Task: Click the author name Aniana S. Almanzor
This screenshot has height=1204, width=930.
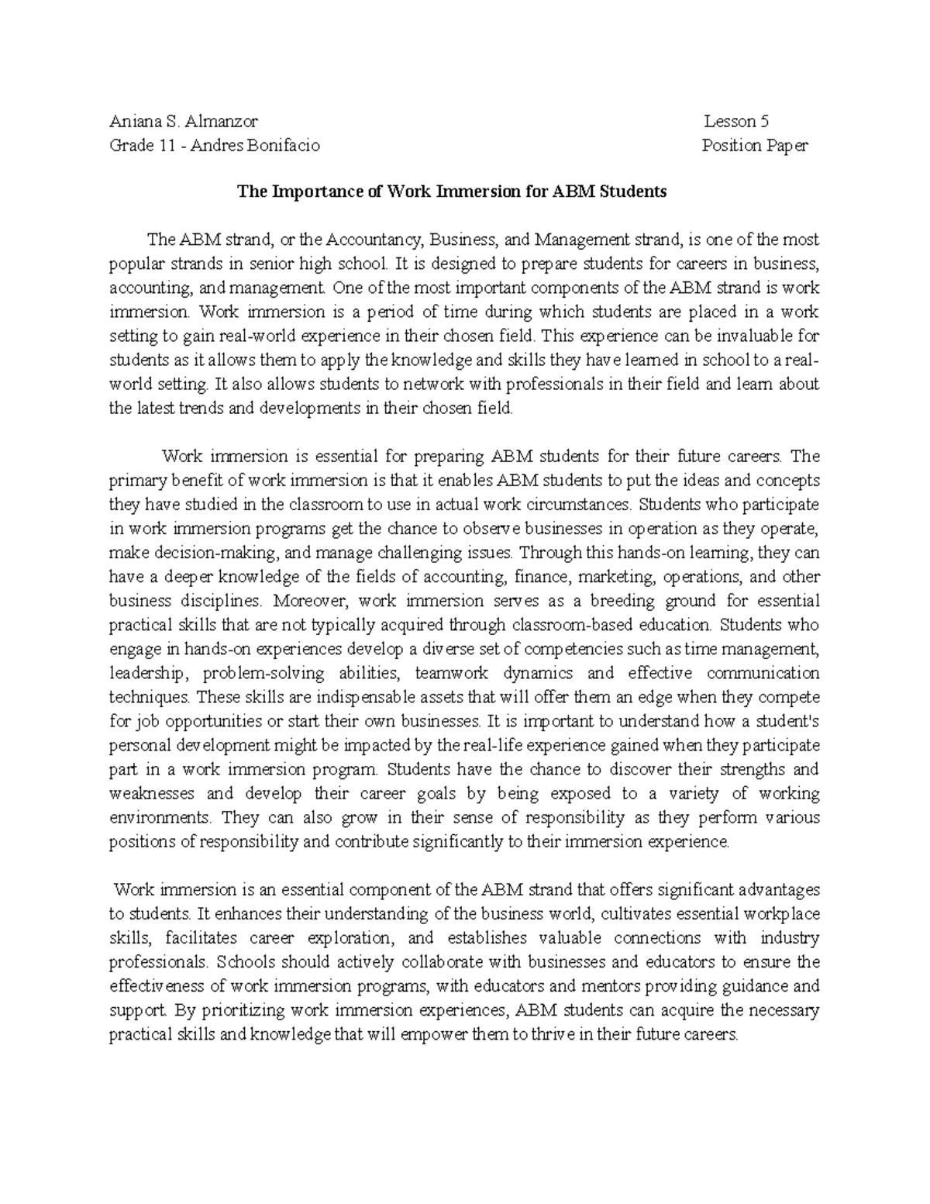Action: (184, 122)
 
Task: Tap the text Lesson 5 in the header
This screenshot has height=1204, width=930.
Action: (736, 122)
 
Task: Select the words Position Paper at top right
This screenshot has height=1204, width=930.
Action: (754, 146)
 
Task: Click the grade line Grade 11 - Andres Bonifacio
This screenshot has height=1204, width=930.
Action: (213, 146)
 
